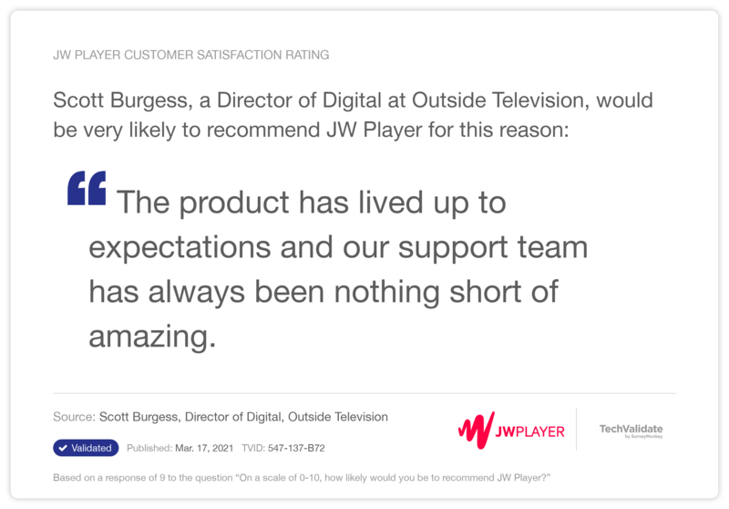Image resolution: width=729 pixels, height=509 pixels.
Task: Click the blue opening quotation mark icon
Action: (x=87, y=189)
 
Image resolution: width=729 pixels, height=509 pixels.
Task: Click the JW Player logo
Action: (x=511, y=430)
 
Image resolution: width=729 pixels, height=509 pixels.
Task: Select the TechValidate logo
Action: (x=631, y=431)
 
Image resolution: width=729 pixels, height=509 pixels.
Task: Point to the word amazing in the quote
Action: (x=152, y=338)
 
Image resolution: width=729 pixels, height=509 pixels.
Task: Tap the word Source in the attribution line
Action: (x=73, y=417)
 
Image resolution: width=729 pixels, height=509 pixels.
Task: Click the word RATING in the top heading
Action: (x=305, y=55)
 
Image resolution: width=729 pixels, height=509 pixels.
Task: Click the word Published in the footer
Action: (x=148, y=449)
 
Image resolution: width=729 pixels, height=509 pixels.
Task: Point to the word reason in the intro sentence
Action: (x=535, y=130)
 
